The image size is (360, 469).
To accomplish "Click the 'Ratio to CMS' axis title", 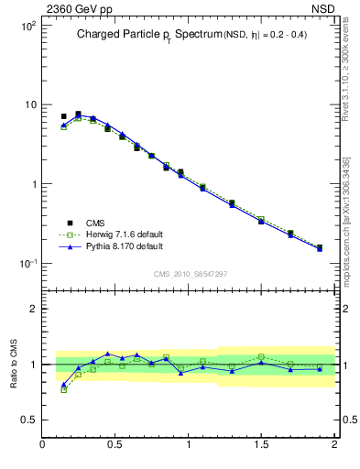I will tap(16, 365).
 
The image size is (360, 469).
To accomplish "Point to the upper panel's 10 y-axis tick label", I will tap(30, 105).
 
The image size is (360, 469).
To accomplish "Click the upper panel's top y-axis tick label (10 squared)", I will tap(28, 26).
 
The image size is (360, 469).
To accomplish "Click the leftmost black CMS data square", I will tap(63, 117).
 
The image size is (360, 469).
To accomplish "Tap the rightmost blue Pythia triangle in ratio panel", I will tap(320, 368).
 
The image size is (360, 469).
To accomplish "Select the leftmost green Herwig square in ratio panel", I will tap(63, 389).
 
